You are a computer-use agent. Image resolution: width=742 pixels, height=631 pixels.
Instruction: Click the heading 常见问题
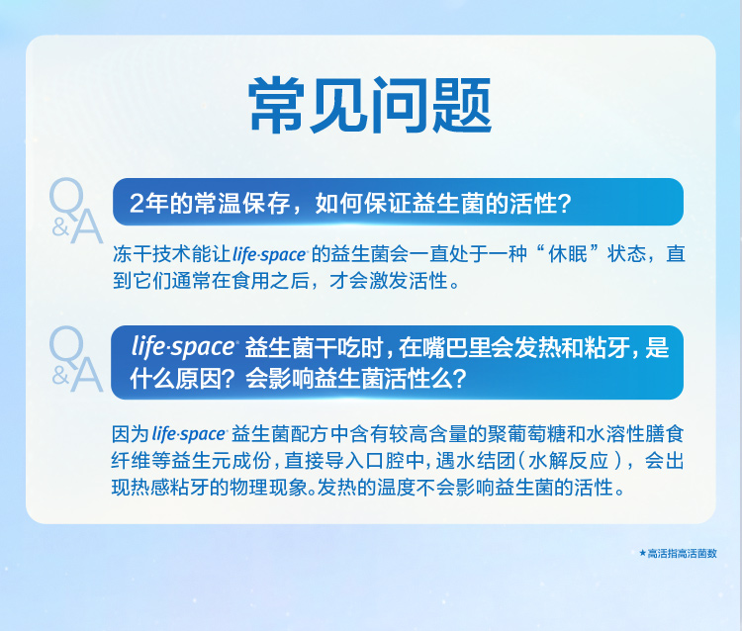coord(370,105)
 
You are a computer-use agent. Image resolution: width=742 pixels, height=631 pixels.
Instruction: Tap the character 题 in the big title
coord(462,105)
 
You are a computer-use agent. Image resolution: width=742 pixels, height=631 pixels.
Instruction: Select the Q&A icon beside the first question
coord(76,211)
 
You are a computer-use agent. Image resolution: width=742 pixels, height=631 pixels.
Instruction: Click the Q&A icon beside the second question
coord(76,359)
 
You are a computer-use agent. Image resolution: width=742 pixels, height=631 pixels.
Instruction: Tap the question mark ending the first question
coord(565,204)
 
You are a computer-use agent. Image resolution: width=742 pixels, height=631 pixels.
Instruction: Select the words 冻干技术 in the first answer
coord(152,254)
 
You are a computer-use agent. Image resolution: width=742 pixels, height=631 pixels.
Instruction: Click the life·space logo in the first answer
coord(270,254)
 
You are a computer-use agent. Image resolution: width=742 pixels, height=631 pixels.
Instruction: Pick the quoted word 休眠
coord(568,254)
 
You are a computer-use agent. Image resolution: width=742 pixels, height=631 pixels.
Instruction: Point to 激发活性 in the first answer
coord(409,281)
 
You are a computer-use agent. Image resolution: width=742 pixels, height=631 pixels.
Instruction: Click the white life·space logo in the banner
coord(184,347)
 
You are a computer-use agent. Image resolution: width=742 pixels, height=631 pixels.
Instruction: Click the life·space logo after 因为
coord(189,434)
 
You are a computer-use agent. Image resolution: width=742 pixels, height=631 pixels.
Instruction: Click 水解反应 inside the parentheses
coord(568,460)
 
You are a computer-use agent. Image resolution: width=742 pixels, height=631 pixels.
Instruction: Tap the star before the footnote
coord(642,553)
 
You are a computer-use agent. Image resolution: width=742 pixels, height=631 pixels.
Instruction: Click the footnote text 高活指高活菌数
coord(683,553)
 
